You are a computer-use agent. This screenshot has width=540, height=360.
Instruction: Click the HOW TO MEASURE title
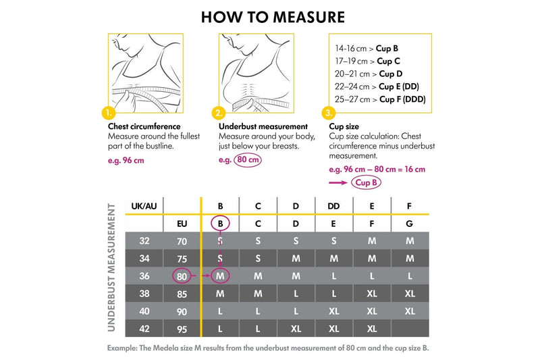(x=273, y=17)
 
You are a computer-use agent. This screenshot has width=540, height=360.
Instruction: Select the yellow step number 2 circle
(x=218, y=113)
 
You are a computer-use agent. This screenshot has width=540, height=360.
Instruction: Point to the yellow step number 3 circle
(x=329, y=113)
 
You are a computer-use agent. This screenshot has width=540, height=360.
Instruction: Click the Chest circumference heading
(x=144, y=126)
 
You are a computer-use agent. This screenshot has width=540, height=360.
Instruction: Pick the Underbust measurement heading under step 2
(x=263, y=126)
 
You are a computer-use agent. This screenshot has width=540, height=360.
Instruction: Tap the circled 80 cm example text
(x=247, y=160)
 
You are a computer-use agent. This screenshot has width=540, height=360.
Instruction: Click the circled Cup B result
(x=367, y=182)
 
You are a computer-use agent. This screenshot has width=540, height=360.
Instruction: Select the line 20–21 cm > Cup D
(x=369, y=74)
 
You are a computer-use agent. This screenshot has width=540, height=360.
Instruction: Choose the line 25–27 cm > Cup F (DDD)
(x=379, y=99)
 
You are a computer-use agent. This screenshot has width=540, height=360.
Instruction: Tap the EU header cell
(x=182, y=223)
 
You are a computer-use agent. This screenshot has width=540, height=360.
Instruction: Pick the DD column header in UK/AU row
(x=333, y=206)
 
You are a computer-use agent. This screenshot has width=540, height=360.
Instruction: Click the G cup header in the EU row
(x=410, y=223)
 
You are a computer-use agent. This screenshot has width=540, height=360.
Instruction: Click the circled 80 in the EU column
(x=182, y=276)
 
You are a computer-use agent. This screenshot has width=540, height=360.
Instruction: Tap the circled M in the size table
(x=220, y=276)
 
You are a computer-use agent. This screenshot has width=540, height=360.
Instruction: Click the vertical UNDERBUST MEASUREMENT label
(x=112, y=267)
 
